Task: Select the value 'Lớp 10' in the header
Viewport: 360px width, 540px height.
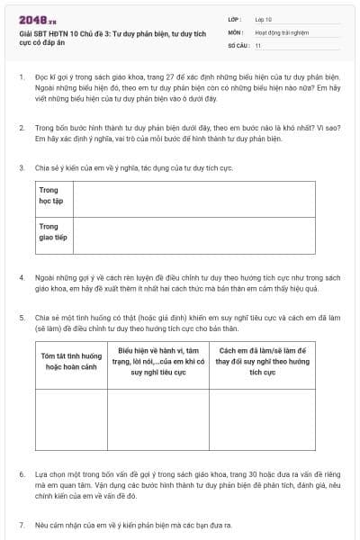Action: tap(264, 19)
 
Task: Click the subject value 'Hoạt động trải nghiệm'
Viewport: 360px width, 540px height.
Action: tap(282, 31)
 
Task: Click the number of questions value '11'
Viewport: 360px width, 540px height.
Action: tap(258, 44)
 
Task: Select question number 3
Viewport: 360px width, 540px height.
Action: tap(22, 168)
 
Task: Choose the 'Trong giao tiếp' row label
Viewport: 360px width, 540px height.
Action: tap(52, 232)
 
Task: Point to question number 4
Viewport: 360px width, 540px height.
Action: tap(22, 277)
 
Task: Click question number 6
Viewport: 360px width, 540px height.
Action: tap(22, 473)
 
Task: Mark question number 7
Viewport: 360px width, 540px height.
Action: tap(22, 524)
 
